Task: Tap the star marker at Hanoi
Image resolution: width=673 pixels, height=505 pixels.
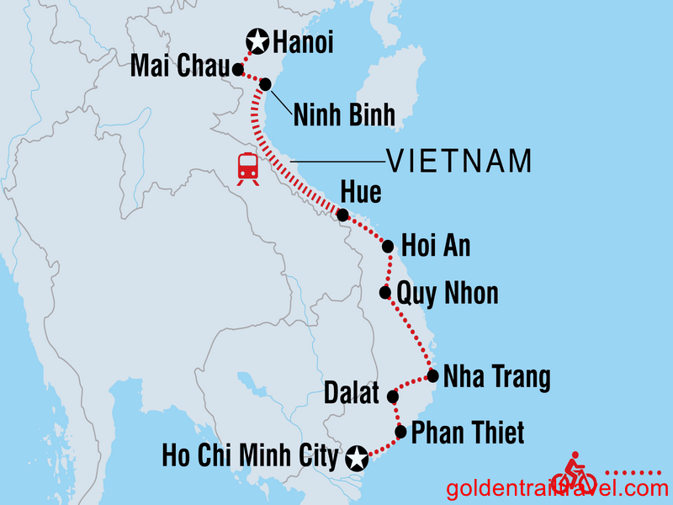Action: (257, 40)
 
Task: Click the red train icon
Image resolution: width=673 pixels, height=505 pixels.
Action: (247, 167)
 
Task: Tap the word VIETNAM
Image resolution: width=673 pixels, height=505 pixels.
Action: (458, 160)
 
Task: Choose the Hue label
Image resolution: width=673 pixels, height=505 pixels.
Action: (360, 193)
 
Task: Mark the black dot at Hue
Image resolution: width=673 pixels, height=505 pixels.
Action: (342, 215)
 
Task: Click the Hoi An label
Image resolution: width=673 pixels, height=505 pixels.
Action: (436, 247)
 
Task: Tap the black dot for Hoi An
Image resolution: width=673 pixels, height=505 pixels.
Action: (388, 247)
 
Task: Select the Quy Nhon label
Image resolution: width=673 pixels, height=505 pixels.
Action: (448, 293)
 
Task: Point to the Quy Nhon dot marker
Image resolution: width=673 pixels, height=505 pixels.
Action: (384, 293)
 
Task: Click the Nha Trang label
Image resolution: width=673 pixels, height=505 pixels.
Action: (496, 377)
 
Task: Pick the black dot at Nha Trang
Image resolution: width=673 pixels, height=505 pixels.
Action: (432, 376)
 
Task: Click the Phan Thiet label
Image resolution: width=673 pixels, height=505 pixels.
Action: (468, 433)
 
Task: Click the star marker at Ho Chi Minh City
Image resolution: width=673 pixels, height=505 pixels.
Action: (358, 459)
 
